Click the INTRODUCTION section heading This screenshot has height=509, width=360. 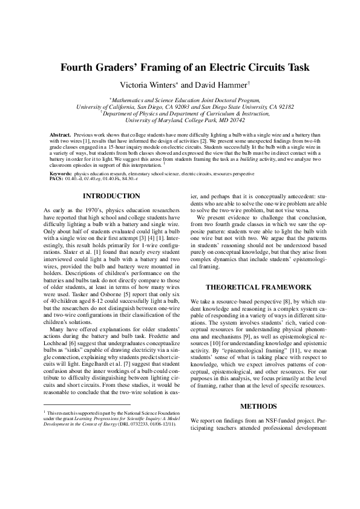pyautogui.click(x=111, y=196)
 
